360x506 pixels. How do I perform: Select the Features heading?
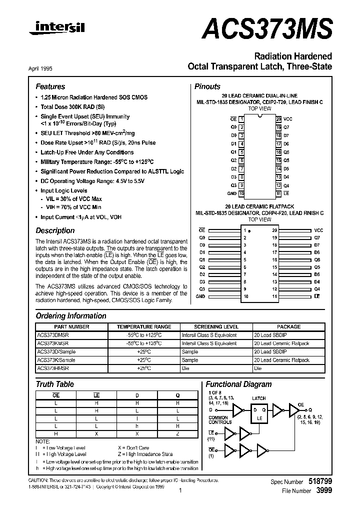click(x=50, y=86)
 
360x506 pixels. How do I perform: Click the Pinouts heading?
click(x=207, y=86)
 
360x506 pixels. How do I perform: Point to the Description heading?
click(x=55, y=230)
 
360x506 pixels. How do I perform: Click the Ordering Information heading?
click(x=71, y=316)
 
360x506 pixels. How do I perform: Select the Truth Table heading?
click(x=54, y=384)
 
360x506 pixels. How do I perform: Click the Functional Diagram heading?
click(x=238, y=384)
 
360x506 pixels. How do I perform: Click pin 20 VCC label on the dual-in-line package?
click(x=287, y=119)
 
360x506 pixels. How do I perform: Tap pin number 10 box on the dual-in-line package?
click(x=241, y=193)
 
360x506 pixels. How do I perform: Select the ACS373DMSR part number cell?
click(x=53, y=335)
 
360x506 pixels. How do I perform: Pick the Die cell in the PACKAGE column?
click(x=258, y=368)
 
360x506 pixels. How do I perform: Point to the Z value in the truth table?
click(x=177, y=433)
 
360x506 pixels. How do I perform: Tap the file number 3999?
click(x=324, y=491)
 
